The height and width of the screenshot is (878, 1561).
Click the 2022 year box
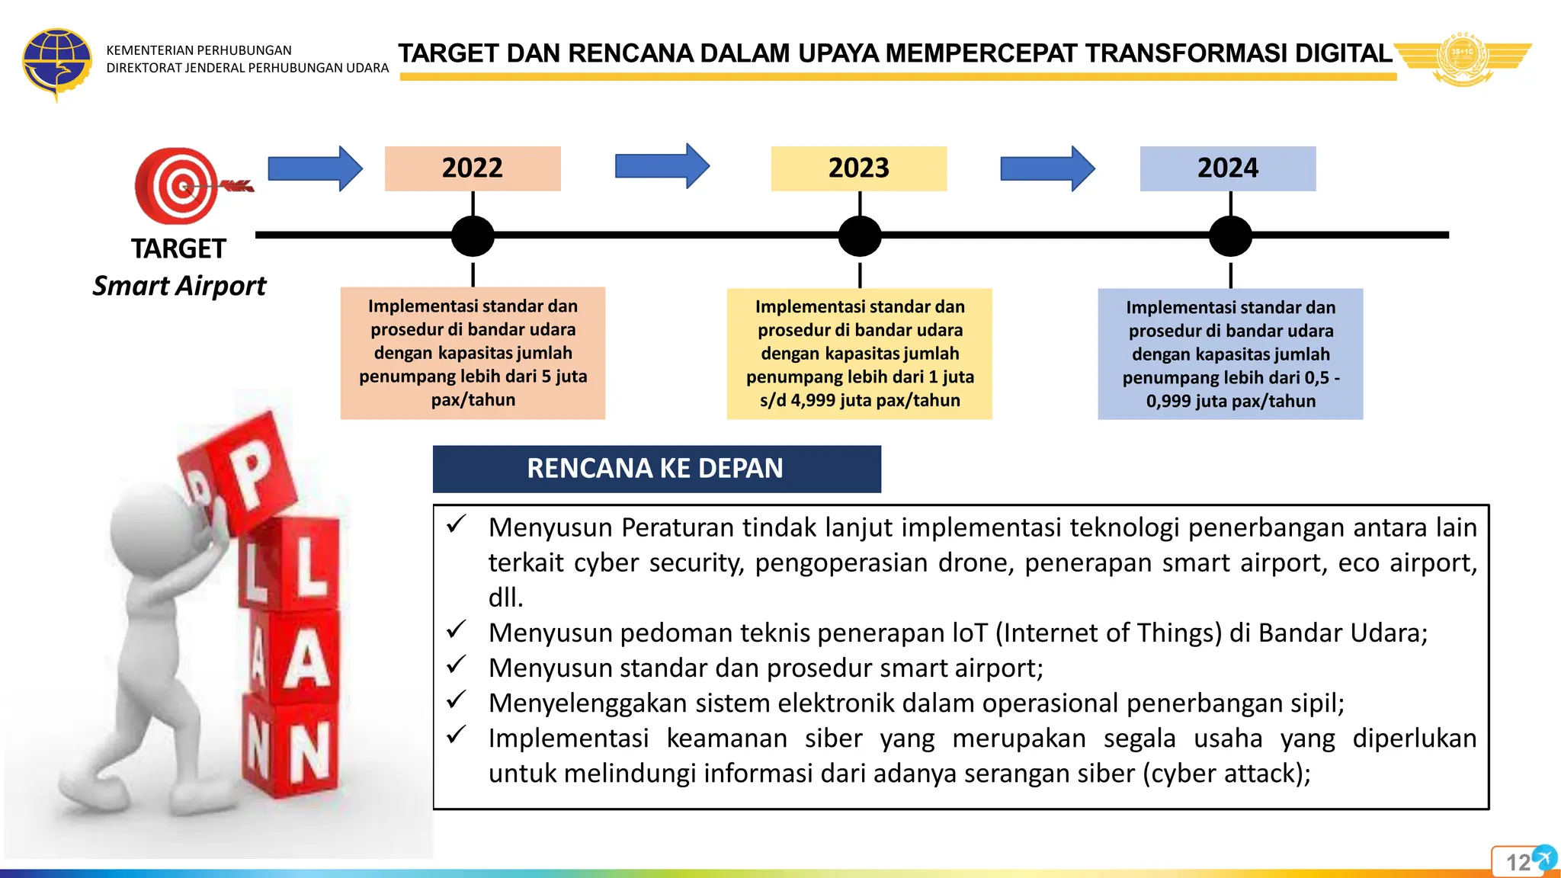tap(473, 168)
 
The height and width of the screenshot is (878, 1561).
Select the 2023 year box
tap(859, 168)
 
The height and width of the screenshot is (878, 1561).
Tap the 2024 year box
tap(1228, 168)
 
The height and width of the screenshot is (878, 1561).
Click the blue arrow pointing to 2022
tap(315, 168)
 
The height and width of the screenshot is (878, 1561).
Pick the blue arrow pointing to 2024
tap(1047, 168)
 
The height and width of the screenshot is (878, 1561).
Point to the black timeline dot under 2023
tap(860, 236)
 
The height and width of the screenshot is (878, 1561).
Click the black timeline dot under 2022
tap(473, 236)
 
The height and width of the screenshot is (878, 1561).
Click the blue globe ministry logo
tap(56, 62)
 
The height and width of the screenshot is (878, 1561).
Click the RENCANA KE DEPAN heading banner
tap(656, 469)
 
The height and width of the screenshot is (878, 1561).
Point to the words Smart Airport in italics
tap(179, 286)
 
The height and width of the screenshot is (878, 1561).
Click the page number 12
tap(1518, 863)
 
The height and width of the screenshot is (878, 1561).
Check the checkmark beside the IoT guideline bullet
tap(457, 630)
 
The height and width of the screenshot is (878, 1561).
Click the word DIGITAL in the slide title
tap(1344, 53)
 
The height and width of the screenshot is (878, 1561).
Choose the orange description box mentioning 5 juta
tap(473, 353)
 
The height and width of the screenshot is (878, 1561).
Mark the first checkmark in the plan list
tap(457, 524)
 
